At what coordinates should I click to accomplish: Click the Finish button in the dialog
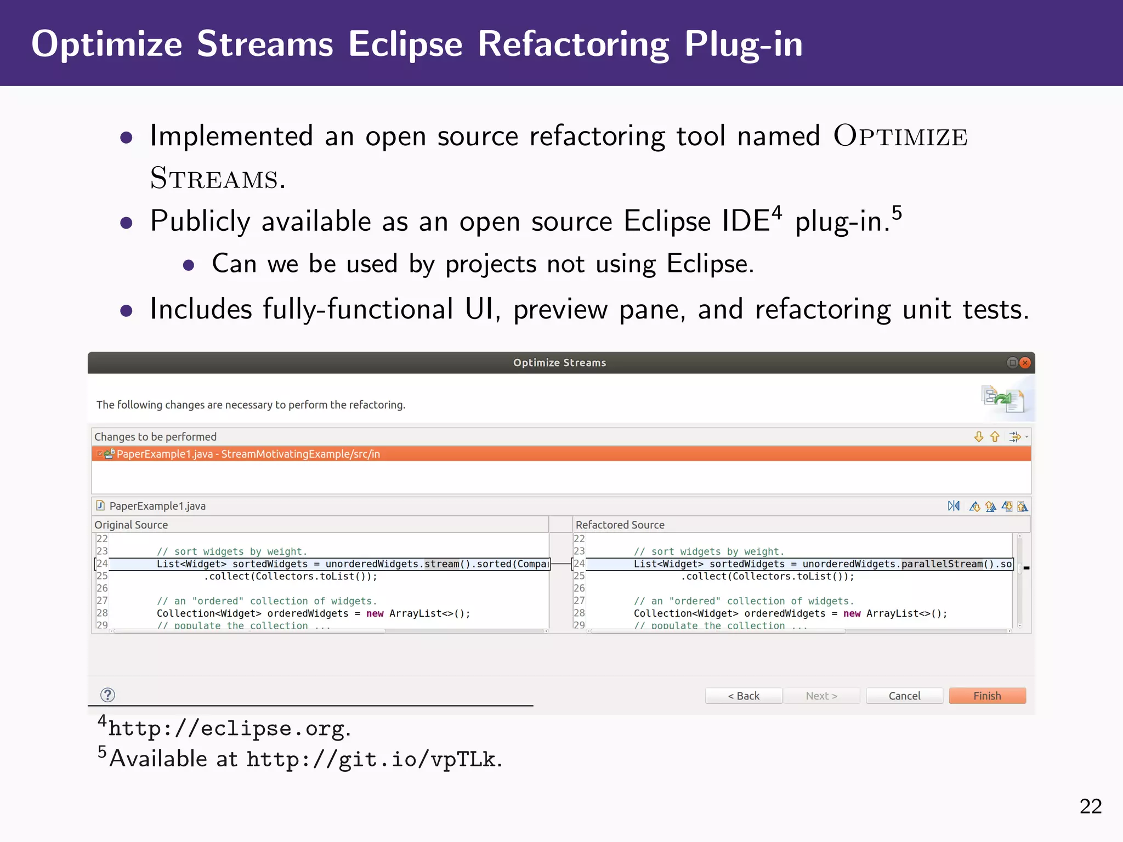pos(987,696)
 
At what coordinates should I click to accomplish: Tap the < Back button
pos(744,696)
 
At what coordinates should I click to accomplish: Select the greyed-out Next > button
pos(821,696)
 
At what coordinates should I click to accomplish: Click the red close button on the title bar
pos(1025,362)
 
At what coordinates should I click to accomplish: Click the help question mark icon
pos(108,695)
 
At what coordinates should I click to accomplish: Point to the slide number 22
pos(1091,806)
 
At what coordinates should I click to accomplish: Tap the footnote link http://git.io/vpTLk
pos(372,759)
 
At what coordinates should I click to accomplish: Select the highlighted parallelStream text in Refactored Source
pos(942,564)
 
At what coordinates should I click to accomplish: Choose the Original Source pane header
pos(132,525)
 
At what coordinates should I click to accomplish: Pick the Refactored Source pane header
pos(620,525)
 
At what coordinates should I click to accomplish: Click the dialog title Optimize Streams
pos(559,362)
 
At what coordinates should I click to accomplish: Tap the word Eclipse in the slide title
pos(405,44)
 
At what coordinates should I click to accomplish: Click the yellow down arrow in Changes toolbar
pos(979,436)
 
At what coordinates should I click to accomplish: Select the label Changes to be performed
pos(156,437)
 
